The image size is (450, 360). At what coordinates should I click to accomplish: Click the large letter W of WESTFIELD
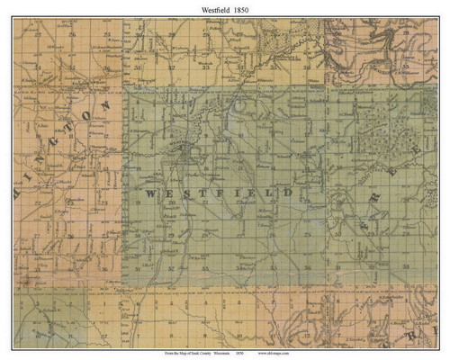point(148,193)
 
